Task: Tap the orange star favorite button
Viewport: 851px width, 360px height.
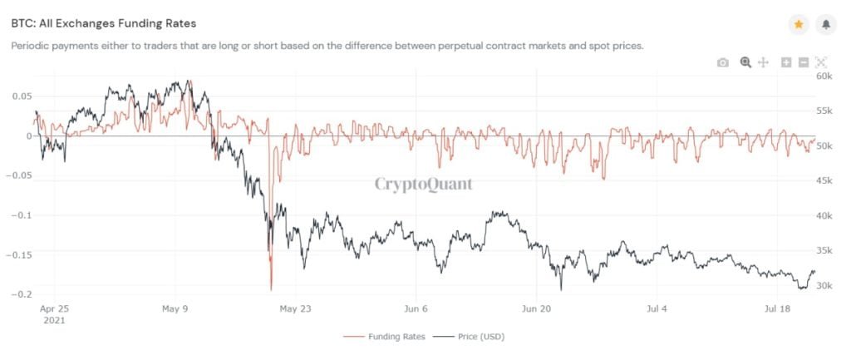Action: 798,25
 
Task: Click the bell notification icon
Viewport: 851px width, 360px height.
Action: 826,25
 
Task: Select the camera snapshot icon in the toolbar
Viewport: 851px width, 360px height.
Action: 723,62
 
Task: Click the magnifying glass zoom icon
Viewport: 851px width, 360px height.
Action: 745,62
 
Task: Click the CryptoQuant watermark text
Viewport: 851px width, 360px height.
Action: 423,184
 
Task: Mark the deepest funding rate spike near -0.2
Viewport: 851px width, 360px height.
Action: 271,288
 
